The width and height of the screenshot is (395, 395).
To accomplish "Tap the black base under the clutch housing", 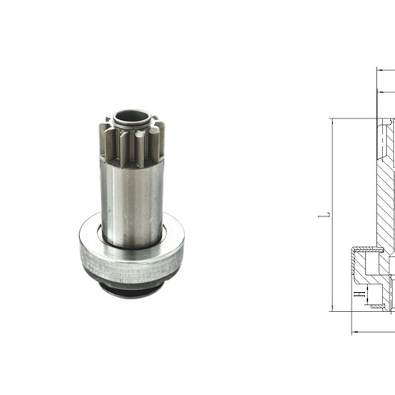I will tap(130, 290).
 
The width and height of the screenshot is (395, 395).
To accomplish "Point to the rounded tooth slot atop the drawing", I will tap(382, 142).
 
